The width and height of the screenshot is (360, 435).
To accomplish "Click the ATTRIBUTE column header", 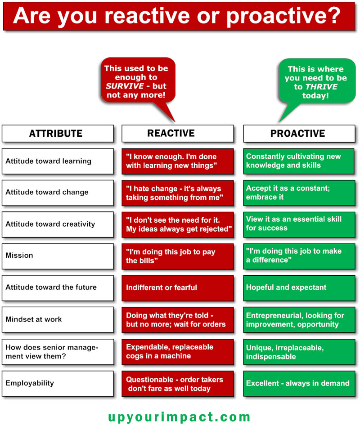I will (58, 134).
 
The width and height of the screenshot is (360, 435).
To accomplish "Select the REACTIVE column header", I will (177, 133).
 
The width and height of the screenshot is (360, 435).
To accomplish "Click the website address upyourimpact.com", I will (179, 417).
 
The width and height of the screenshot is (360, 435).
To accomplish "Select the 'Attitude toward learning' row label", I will (58, 161).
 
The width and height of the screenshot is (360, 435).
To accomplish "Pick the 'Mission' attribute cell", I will (58, 256).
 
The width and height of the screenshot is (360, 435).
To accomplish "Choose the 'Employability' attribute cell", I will (58, 383).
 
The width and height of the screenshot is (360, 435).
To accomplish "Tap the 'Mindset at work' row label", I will (58, 319).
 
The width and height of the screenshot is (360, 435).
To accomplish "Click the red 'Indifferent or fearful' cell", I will (177, 288).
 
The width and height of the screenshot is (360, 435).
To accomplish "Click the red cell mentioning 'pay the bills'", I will (177, 256).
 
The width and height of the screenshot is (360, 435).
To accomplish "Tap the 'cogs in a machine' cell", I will (177, 351).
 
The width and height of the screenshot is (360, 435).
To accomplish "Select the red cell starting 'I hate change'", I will (177, 193).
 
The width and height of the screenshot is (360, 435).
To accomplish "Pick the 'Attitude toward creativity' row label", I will (58, 224).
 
